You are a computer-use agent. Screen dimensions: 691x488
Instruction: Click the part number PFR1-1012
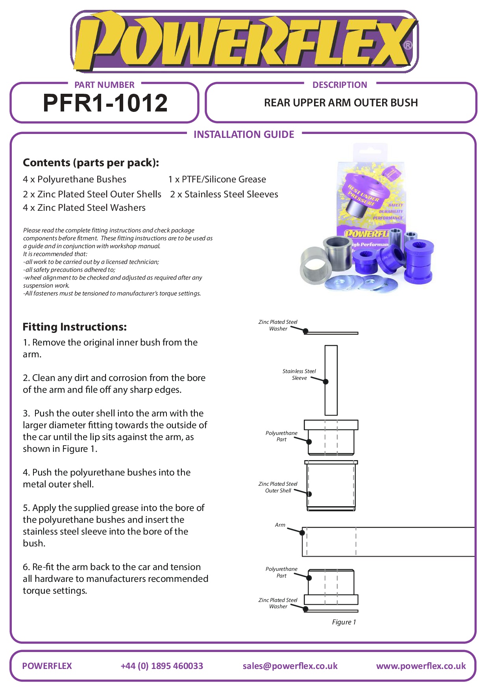(x=105, y=103)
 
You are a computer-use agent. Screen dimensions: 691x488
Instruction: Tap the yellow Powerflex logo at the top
(x=244, y=41)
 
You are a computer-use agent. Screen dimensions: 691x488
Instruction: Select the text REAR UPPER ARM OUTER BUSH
(x=341, y=103)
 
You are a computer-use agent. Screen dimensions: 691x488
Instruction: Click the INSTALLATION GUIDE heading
(x=244, y=135)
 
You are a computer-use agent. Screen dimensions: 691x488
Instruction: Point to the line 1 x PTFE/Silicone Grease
(x=217, y=180)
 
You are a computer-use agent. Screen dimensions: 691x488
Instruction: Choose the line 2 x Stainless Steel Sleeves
(x=224, y=194)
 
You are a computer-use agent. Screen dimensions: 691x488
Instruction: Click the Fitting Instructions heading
(x=75, y=327)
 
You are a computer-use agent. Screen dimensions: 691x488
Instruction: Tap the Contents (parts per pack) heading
(x=91, y=163)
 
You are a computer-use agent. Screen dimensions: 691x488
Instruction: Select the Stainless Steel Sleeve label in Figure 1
(x=299, y=375)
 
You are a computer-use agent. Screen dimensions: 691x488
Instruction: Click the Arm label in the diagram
(x=280, y=525)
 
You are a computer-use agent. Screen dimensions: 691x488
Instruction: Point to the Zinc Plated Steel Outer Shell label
(x=278, y=487)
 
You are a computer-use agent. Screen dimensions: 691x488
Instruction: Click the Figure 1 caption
(x=344, y=622)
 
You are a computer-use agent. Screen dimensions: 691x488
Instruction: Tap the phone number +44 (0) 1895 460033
(x=162, y=666)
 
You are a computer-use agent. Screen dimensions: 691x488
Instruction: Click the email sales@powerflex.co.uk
(x=290, y=666)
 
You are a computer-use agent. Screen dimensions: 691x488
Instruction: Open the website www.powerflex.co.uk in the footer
(x=421, y=666)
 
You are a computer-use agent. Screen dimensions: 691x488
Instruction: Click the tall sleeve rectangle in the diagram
(x=331, y=380)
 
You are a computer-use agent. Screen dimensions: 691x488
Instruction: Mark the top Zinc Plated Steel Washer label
(x=278, y=325)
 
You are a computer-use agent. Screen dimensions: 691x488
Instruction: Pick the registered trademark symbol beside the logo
(x=408, y=45)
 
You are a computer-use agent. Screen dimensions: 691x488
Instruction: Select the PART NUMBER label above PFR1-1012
(x=104, y=85)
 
